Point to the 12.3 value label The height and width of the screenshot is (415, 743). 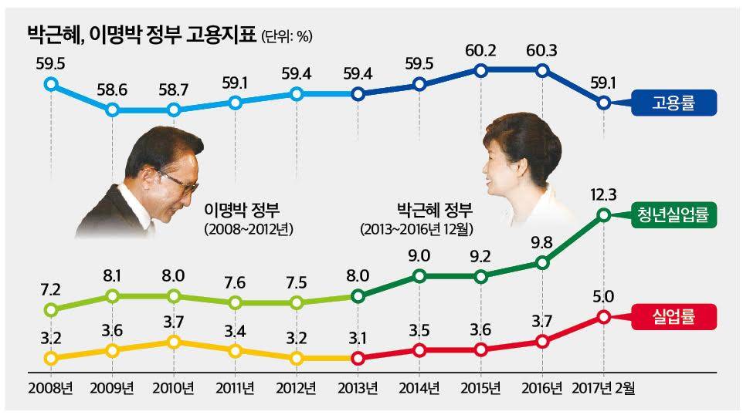(x=604, y=196)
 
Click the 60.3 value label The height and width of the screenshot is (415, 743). (x=541, y=52)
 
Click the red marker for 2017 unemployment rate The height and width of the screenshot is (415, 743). (x=604, y=316)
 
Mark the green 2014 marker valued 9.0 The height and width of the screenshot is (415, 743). (x=419, y=275)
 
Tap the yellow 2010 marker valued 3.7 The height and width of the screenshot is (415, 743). (x=174, y=341)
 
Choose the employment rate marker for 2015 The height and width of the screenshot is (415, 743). (x=480, y=70)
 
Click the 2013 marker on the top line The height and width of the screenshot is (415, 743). (x=358, y=94)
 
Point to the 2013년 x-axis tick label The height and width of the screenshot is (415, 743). (x=358, y=386)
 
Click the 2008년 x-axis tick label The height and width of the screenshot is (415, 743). (x=49, y=386)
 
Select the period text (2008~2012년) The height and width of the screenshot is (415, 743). (x=251, y=230)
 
